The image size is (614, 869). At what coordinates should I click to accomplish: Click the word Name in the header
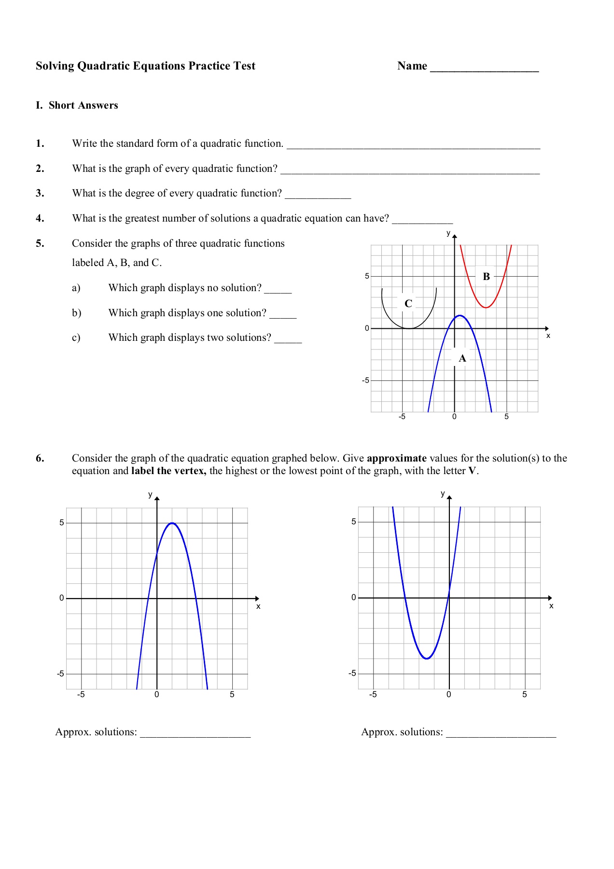412,66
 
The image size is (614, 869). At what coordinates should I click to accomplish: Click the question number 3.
40,193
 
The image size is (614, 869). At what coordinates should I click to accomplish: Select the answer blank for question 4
422,220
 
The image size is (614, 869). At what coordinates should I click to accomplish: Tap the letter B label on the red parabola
486,277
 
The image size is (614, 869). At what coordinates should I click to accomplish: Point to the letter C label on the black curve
408,304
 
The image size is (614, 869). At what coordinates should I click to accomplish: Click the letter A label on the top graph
462,358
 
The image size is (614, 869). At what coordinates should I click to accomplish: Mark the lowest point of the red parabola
486,308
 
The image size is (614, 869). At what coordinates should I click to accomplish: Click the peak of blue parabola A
460,316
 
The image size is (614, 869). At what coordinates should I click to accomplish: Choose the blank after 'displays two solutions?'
288,339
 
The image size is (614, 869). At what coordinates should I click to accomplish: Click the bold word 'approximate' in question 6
396,458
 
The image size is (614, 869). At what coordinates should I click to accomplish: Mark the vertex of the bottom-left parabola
172,523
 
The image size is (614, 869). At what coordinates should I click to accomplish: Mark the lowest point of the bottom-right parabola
427,659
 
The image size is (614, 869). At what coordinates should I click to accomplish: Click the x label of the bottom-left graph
258,606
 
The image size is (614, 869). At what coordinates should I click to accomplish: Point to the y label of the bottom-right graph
443,493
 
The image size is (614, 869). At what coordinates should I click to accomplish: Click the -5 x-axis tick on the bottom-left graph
81,695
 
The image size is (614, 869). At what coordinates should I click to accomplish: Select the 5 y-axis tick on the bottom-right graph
354,521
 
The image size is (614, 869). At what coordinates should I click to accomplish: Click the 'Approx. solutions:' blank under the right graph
501,733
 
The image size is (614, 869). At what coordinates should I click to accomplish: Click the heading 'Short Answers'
83,105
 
